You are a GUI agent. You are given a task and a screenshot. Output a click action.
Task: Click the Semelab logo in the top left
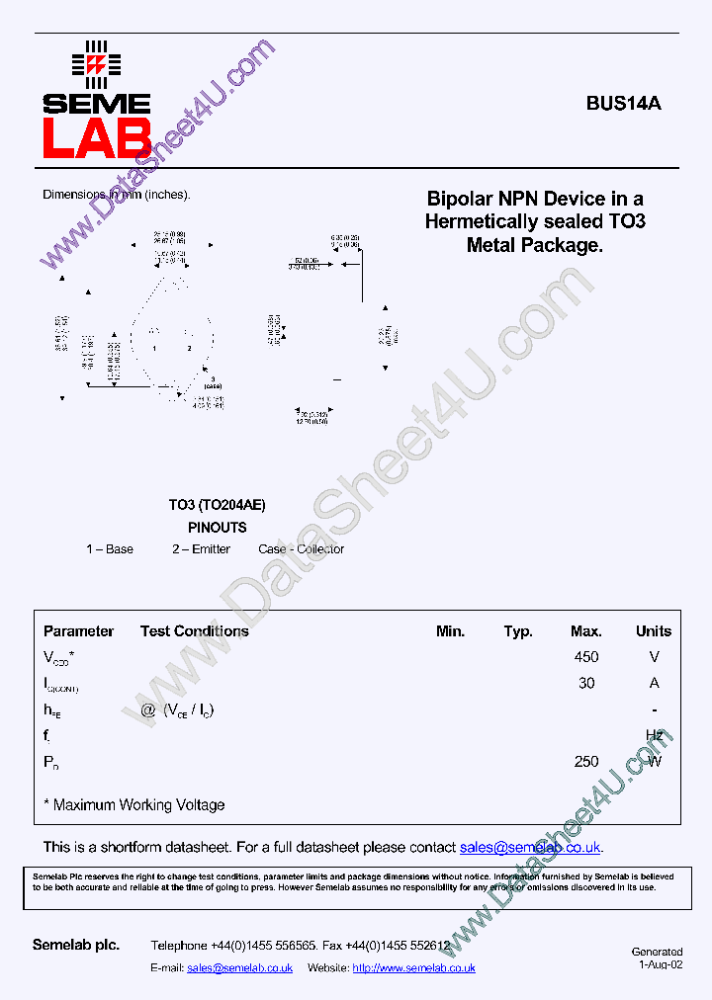pos(96,99)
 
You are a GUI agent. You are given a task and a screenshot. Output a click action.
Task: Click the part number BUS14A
pos(623,103)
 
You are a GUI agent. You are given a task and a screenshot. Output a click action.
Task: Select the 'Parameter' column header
pos(78,631)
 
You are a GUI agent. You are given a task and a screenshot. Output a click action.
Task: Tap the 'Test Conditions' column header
pos(194,631)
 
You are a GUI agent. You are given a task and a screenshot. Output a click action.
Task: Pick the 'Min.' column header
pos(450,631)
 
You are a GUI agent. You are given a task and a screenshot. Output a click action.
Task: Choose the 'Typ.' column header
pos(518,631)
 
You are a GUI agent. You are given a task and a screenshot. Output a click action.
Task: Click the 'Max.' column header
pos(586,631)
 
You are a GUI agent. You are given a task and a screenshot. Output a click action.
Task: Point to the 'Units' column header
pos(653,631)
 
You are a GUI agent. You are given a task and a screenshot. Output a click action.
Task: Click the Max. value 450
pos(586,657)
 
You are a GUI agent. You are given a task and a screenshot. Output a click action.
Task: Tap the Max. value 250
pos(586,762)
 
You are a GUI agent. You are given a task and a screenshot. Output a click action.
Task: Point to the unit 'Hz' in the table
pos(654,735)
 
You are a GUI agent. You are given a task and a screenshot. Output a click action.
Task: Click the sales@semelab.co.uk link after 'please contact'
pos(530,848)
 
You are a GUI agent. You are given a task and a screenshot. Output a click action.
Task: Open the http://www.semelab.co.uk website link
pos(413,968)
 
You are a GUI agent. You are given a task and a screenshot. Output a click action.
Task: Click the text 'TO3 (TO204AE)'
pos(217,505)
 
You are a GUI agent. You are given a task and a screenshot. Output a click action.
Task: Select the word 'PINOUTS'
pos(217,528)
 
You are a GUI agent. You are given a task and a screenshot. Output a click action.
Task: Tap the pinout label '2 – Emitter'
pos(201,549)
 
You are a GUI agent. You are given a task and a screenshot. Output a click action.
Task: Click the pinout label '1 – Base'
pos(110,549)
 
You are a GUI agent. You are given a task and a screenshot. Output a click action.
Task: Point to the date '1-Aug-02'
pos(661,965)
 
